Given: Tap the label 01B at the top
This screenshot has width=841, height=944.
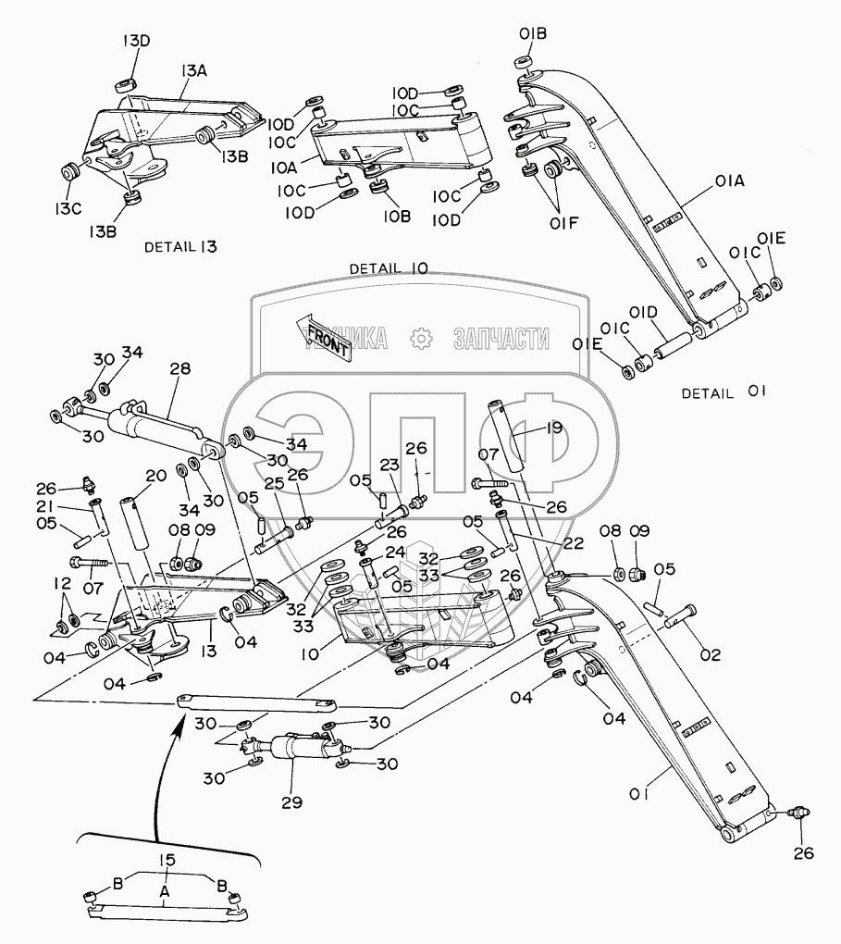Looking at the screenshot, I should coord(533,35).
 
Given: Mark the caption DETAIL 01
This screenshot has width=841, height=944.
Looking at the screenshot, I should coord(724,392).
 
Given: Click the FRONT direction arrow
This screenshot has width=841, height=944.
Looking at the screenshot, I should coord(323,335).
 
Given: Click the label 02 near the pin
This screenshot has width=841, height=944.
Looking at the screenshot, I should coord(710,655).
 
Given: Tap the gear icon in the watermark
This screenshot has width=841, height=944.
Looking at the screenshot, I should coord(422,339).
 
